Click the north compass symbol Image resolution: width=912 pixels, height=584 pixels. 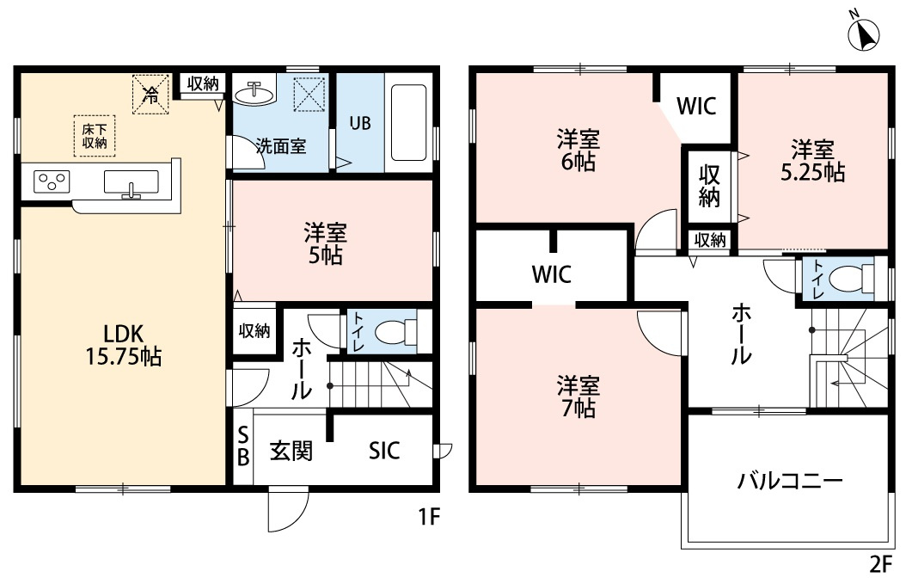pos(865,34)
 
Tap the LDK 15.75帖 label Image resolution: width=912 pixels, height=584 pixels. pos(120,345)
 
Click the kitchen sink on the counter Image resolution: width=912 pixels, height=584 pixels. pos(131,183)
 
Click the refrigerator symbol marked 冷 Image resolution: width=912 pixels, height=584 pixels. pos(150,93)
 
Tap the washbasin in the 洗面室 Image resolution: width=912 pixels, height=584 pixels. pos(254,92)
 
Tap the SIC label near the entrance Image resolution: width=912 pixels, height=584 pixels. pos(384,451)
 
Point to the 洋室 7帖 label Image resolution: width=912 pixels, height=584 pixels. pos(577,397)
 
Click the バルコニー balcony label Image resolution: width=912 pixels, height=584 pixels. pos(789,482)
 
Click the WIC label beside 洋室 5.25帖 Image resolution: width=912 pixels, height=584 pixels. pos(696,107)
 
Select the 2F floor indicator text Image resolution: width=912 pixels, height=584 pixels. pos(883,567)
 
